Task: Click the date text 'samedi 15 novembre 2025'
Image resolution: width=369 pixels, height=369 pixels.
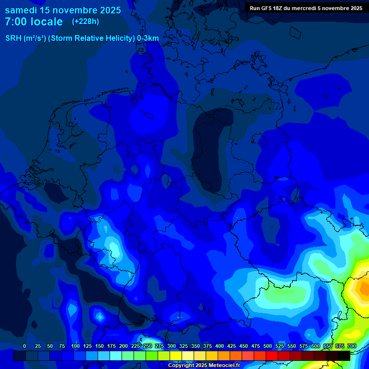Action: tap(63, 10)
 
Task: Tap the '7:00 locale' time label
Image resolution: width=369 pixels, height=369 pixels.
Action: tap(34, 22)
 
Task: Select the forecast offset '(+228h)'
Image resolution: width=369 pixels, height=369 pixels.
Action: tap(86, 21)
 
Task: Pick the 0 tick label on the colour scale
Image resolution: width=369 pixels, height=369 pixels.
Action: tap(25, 346)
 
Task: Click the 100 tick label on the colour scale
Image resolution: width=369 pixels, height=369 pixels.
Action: tap(75, 346)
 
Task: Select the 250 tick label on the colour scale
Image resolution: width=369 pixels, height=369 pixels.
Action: tap(148, 346)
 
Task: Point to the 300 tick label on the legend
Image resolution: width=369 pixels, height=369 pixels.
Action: tap(172, 346)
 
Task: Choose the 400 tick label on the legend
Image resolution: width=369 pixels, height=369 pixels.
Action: tap(220, 346)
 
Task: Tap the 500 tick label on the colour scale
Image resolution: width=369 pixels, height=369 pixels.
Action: tap(268, 346)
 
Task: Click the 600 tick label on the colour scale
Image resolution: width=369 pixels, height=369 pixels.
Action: tap(316, 346)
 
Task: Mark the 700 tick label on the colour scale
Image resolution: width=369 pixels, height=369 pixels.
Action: tap(352, 346)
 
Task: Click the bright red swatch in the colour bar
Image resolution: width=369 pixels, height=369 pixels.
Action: tap(272, 356)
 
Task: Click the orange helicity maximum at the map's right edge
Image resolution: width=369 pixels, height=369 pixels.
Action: tap(361, 288)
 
